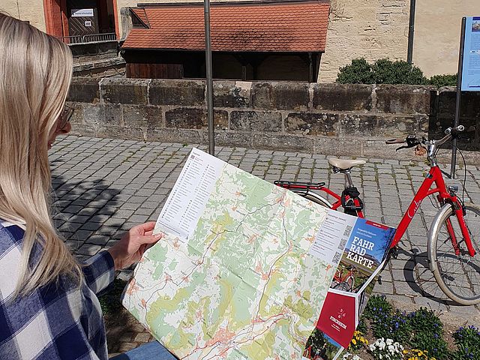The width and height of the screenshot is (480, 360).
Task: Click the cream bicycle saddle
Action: coord(346,163)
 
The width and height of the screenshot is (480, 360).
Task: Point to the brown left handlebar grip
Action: coord(395,140)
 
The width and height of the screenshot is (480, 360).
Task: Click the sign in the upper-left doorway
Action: coord(82,13)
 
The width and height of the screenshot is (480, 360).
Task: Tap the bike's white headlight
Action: coord(452,189)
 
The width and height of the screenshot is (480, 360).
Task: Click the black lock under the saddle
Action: coord(351,199)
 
